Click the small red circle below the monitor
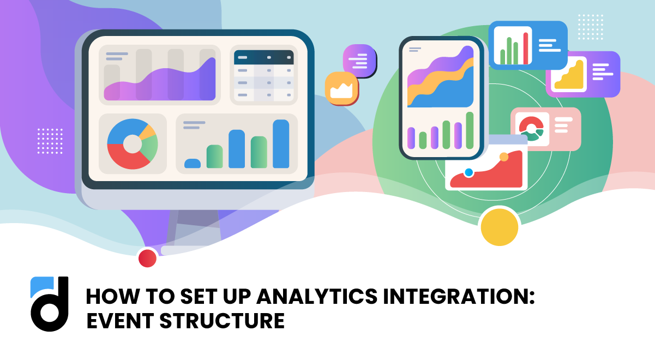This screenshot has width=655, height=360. click(147, 258)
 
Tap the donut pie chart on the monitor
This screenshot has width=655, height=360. click(132, 144)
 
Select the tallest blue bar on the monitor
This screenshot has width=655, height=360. click(281, 143)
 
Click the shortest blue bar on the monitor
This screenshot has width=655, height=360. click(193, 163)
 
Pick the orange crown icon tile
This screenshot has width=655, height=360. click(341, 88)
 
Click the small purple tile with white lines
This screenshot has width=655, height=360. click(359, 60)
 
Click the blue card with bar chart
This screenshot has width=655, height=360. click(527, 45)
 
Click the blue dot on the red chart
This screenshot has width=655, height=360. click(468, 172)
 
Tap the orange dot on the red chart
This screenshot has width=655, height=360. click(503, 157)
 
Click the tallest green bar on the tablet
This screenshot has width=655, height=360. click(470, 130)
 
